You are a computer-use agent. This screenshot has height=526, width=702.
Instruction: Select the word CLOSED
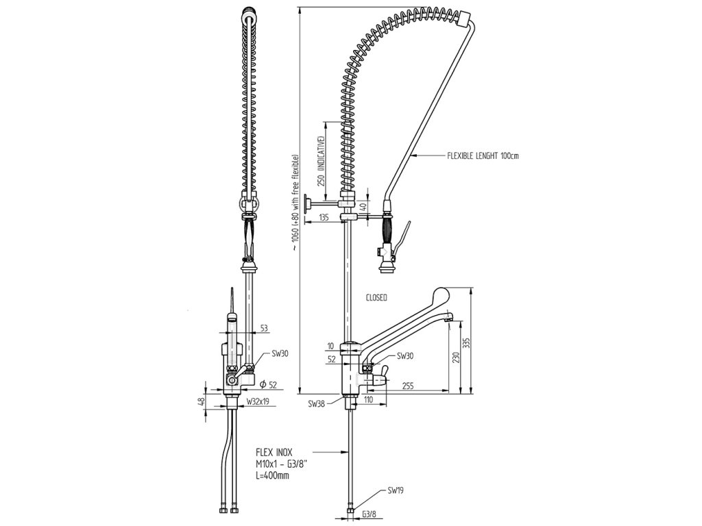[x=376, y=298]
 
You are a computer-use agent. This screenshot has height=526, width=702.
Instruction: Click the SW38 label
[x=317, y=403]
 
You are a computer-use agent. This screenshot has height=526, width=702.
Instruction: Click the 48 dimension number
[x=202, y=401]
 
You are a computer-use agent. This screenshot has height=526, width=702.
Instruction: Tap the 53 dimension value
[x=263, y=326]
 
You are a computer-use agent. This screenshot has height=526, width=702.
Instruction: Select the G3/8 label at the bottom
[x=368, y=513]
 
